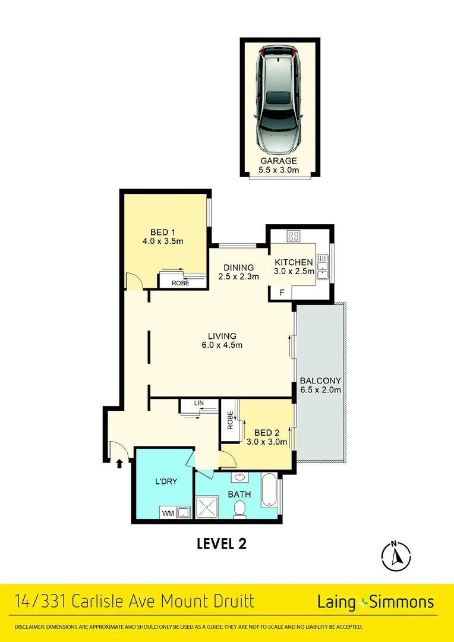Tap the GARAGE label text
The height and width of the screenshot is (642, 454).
278,161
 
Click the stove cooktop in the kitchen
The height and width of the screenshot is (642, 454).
294,235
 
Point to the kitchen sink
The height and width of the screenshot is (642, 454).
322,266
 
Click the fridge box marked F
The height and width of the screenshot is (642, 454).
282,292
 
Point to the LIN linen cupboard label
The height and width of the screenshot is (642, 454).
199,404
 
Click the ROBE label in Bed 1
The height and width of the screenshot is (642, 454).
180,283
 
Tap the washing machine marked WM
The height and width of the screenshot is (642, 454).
167,512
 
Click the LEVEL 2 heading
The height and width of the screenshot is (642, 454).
221,543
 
